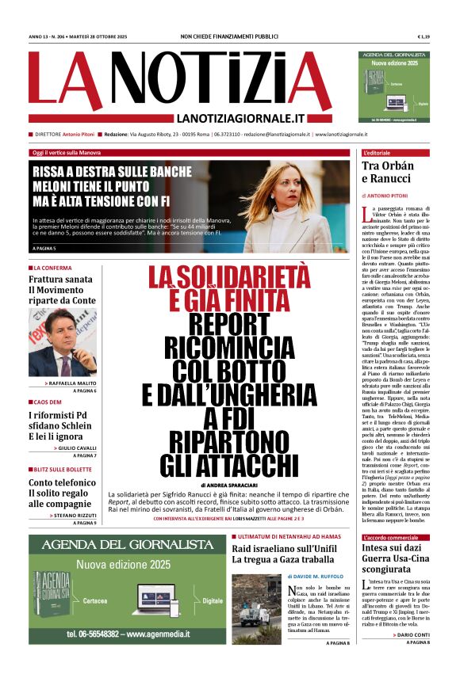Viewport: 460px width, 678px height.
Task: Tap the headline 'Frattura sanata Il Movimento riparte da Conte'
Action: coord(62,291)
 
